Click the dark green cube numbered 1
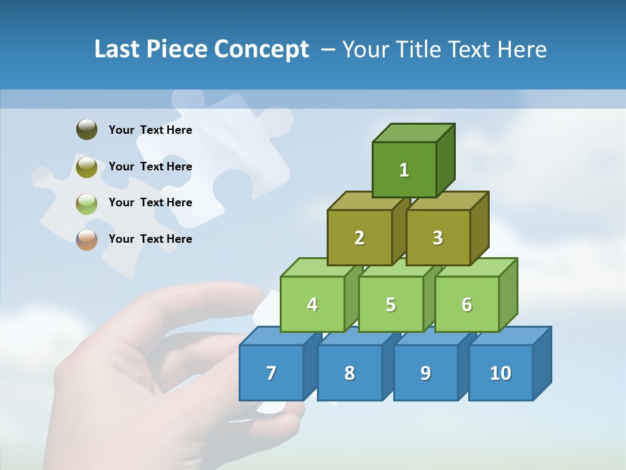404,170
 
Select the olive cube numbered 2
359,238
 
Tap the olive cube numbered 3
438,238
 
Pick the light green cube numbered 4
312,304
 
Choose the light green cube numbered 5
391,304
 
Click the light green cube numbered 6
467,304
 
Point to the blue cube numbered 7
271,373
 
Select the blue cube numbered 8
350,373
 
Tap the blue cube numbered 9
425,373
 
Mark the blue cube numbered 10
501,373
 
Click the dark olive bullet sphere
87,129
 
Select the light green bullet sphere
87,203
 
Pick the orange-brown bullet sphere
87,239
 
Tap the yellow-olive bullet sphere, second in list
87,166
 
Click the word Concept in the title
261,50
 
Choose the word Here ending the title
522,50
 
